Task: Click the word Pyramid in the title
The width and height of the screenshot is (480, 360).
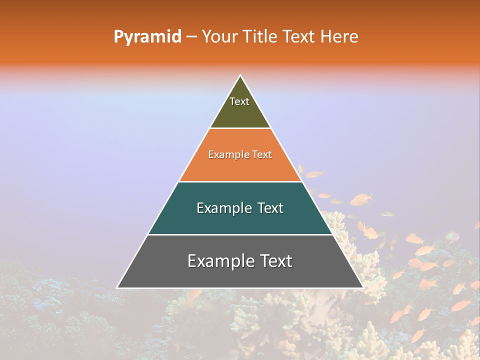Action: point(147,37)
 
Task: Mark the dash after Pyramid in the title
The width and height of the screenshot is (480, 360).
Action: point(191,37)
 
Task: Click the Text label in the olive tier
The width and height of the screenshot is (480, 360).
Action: point(239,101)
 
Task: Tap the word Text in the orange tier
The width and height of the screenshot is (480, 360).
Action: point(262,155)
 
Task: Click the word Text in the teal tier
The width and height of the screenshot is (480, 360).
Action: point(271,208)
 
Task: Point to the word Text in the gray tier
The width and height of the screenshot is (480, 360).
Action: point(275,261)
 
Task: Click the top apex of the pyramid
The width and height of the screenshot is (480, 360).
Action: point(240,75)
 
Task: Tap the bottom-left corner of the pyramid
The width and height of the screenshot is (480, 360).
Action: point(117,287)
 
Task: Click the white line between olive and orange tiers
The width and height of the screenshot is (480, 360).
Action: point(240,128)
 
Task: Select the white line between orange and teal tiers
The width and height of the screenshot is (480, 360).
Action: point(240,181)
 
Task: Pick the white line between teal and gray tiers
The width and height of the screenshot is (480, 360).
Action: point(240,234)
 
